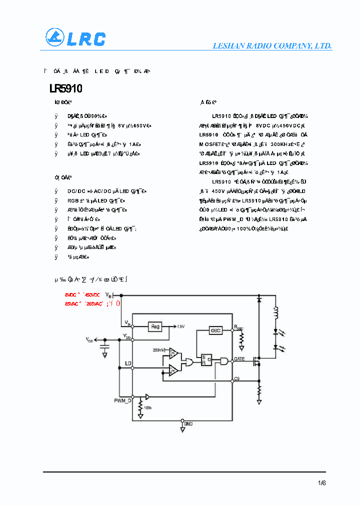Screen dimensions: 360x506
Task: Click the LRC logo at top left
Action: (x=75, y=38)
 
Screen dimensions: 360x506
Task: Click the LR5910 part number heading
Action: (x=65, y=89)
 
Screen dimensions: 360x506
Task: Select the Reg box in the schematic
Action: (x=155, y=326)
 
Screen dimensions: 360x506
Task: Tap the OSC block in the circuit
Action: (x=215, y=330)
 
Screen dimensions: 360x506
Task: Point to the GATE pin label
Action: (x=239, y=359)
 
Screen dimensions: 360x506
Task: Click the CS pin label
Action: (x=236, y=379)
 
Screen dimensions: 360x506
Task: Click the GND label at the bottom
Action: (x=188, y=423)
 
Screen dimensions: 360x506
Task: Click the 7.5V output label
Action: (x=180, y=326)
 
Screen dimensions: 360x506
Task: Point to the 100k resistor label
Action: (x=147, y=408)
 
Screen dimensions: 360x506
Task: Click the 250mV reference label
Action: (x=159, y=350)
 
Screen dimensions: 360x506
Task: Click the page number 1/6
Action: (x=321, y=483)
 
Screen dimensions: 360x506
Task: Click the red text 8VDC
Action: (x=70, y=295)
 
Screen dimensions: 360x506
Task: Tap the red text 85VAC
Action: (x=71, y=303)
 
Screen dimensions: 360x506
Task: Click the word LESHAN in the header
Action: (x=227, y=46)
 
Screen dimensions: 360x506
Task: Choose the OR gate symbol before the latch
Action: (x=189, y=361)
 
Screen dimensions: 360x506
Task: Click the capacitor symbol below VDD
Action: (x=105, y=346)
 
